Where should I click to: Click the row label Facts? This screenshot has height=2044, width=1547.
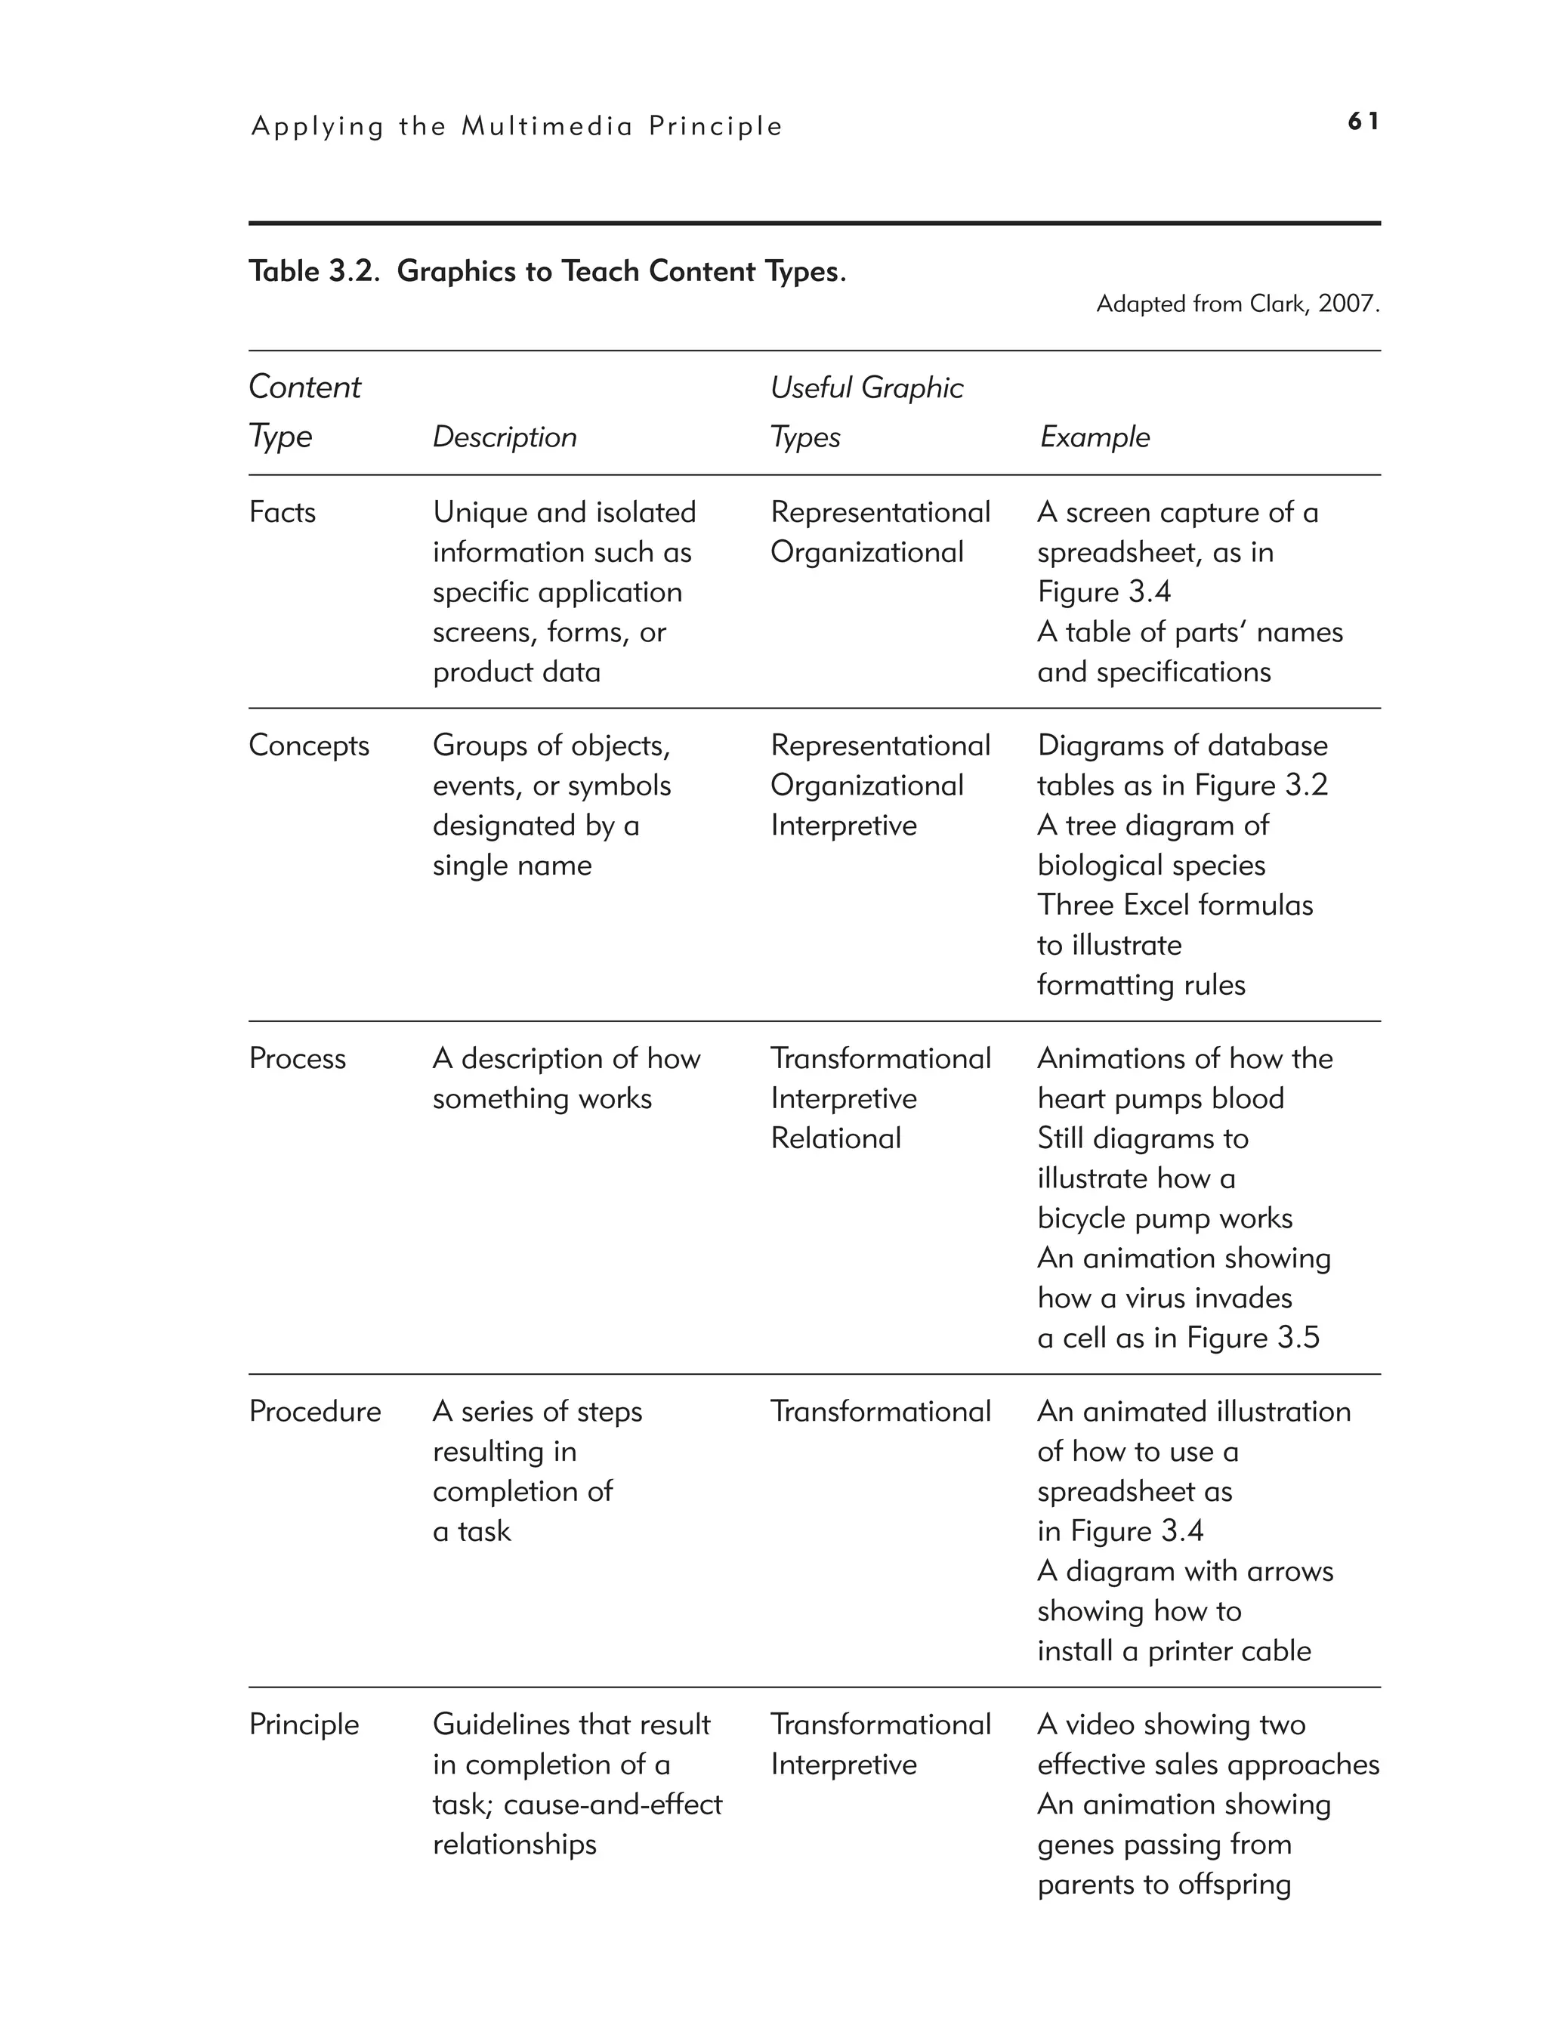click(x=282, y=512)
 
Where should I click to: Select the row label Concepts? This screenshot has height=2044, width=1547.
click(x=309, y=745)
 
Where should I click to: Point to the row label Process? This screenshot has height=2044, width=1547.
click(x=297, y=1058)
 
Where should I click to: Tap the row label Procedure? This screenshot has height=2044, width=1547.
click(x=314, y=1411)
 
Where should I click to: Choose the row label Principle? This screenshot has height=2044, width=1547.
click(x=303, y=1724)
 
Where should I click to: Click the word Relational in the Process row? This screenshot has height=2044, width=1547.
click(x=835, y=1138)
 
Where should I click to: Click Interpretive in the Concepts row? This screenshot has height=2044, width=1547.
click(x=843, y=824)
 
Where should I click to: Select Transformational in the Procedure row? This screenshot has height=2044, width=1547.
click(x=880, y=1411)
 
